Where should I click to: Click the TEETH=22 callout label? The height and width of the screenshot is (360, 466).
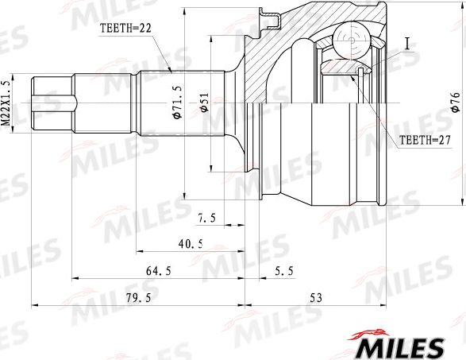tap(125, 28)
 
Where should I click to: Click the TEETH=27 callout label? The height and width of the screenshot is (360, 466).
tap(423, 140)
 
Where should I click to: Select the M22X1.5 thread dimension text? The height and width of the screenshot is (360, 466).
tap(6, 103)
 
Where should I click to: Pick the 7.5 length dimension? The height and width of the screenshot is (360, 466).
tap(209, 217)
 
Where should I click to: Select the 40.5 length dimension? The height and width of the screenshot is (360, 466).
tap(189, 244)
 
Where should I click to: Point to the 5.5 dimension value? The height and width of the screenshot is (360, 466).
tap(283, 271)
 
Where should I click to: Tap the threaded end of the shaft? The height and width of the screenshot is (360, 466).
tap(52, 103)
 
